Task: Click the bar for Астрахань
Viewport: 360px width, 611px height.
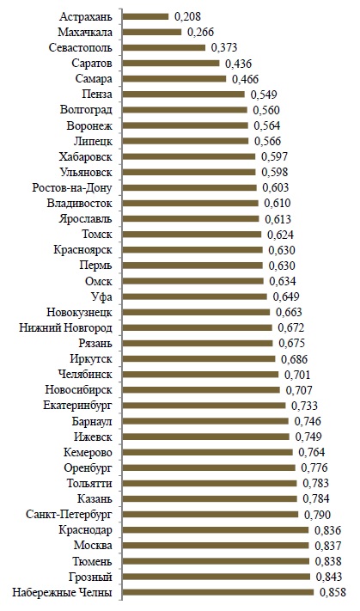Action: tap(146, 16)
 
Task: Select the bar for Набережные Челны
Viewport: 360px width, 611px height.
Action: tap(218, 592)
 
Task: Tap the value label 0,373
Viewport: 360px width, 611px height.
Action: tap(224, 47)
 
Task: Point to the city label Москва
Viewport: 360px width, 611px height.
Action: tap(93, 546)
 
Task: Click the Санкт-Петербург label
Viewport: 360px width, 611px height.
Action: tap(69, 515)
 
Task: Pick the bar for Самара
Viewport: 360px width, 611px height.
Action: tap(174, 79)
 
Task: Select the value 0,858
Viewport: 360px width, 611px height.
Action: tap(333, 592)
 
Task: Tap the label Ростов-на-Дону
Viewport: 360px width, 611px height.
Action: tap(72, 188)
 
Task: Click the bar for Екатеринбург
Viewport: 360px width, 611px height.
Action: tap(204, 406)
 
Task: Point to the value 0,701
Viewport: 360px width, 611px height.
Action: tap(297, 375)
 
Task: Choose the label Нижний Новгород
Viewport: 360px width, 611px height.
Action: tap(66, 328)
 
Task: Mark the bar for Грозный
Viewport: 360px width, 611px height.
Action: tap(217, 577)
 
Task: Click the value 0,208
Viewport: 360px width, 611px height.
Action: tap(188, 16)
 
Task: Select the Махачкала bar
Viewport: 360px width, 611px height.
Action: tap(152, 32)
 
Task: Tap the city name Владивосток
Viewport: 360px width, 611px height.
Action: tap(80, 204)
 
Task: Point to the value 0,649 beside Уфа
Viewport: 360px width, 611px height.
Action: tap(286, 297)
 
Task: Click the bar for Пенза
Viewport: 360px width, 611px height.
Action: tap(184, 95)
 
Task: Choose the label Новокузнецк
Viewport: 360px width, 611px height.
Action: tap(80, 313)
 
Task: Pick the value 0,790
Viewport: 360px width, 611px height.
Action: tap(318, 515)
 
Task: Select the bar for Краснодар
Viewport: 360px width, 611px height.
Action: tap(216, 530)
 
